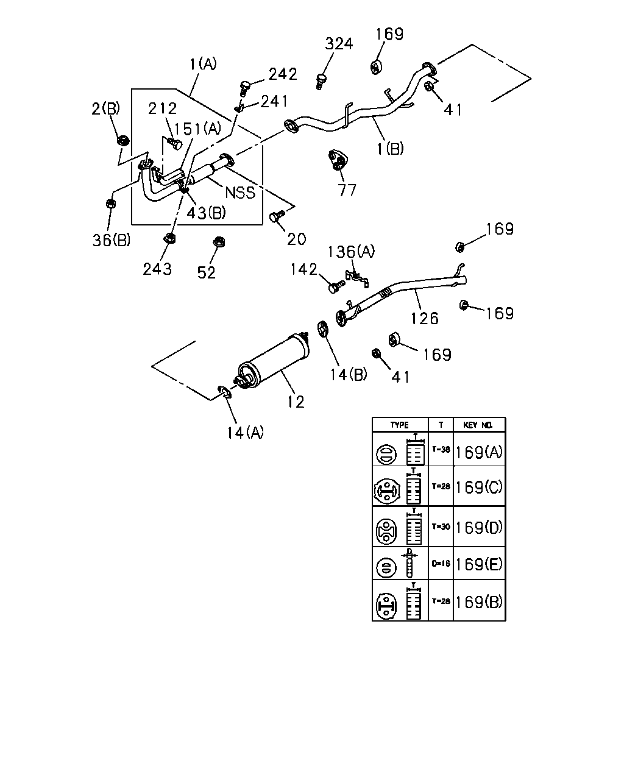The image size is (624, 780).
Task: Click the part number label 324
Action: (339, 44)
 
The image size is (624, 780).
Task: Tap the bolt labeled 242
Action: (246, 87)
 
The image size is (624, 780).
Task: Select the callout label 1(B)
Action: (390, 149)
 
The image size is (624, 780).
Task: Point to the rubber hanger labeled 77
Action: (338, 160)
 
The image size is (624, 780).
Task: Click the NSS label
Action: (240, 193)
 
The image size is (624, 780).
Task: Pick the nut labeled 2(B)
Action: (124, 140)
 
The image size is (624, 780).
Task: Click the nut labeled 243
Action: (169, 238)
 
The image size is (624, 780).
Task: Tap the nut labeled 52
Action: (219, 241)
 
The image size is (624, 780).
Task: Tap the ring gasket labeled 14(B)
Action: (323, 328)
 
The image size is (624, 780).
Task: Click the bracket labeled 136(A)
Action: (356, 278)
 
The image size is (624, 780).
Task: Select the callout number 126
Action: (424, 319)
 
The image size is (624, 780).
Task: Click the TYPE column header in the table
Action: (400, 425)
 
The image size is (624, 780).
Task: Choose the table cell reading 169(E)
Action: (479, 564)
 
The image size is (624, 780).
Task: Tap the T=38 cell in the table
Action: (441, 450)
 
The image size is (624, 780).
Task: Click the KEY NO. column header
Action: (478, 425)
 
